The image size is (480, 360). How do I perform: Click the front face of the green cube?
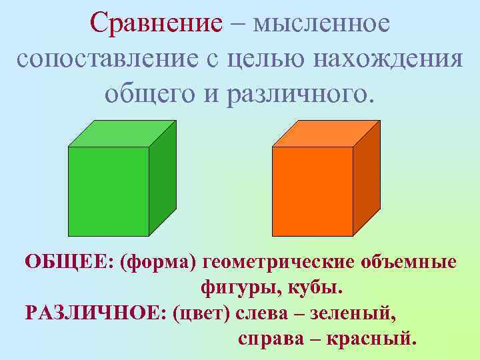tap(109, 191)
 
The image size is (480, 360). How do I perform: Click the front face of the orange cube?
tap(313, 191)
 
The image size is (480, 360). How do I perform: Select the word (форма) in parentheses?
tap(159, 262)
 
